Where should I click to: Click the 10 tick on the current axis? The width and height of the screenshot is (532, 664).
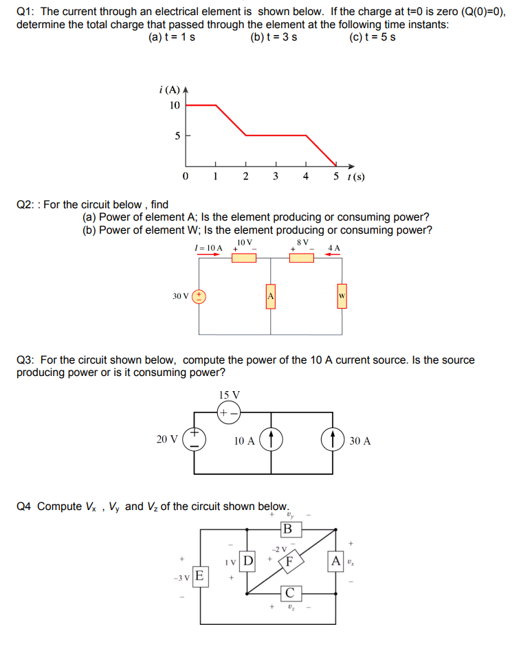[175, 105]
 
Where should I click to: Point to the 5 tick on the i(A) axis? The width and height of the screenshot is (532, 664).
[177, 136]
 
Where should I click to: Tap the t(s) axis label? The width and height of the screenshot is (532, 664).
[356, 177]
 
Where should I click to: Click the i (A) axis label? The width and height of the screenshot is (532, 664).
[169, 89]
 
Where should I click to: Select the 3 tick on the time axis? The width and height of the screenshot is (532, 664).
[275, 176]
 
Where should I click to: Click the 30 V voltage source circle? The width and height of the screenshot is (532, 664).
[199, 296]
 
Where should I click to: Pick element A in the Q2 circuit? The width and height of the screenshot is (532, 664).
[271, 296]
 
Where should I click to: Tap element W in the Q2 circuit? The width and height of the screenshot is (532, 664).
[341, 296]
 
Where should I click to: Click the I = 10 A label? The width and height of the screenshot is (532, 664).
[208, 247]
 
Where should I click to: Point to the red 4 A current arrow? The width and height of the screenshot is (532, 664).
[333, 254]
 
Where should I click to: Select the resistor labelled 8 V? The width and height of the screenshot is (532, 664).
[301, 258]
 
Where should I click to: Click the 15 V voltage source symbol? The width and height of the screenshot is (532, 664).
[229, 413]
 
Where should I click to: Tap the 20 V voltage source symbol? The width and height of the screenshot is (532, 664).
[195, 440]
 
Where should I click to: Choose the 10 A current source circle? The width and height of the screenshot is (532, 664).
[271, 441]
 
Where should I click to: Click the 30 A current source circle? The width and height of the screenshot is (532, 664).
[333, 441]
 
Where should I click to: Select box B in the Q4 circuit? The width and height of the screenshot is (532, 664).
[287, 529]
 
